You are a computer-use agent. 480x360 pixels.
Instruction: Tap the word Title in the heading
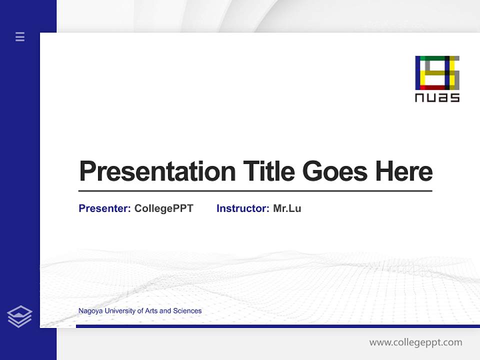pos(268,171)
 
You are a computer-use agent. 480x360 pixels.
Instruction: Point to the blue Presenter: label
pos(105,208)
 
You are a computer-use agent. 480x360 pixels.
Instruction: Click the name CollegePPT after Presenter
pos(163,208)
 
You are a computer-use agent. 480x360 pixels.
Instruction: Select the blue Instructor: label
pos(243,208)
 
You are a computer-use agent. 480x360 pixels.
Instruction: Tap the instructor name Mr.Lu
pos(287,208)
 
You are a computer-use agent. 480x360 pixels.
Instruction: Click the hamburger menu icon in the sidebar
pos(20,36)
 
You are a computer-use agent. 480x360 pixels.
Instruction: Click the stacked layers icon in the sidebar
pos(19,316)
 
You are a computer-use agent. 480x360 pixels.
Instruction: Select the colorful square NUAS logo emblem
pos(437,73)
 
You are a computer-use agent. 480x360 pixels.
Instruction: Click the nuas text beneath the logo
pos(437,97)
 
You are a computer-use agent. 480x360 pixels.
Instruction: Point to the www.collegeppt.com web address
pos(415,342)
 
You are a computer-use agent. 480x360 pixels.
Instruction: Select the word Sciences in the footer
pos(187,311)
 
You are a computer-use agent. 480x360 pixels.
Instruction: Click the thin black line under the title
pos(255,190)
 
